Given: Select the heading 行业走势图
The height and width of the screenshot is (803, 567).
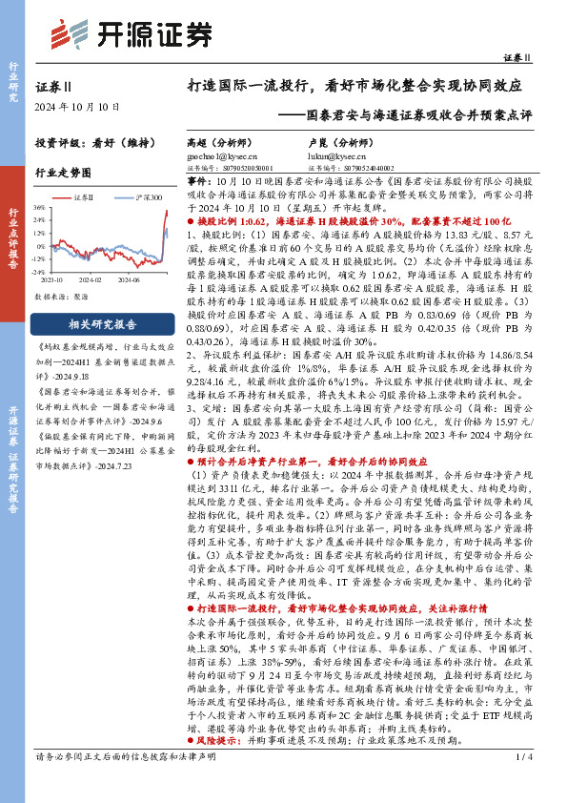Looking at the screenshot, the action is pos(63,173).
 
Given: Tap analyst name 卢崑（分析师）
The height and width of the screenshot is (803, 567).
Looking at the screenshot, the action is pos(337,139).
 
